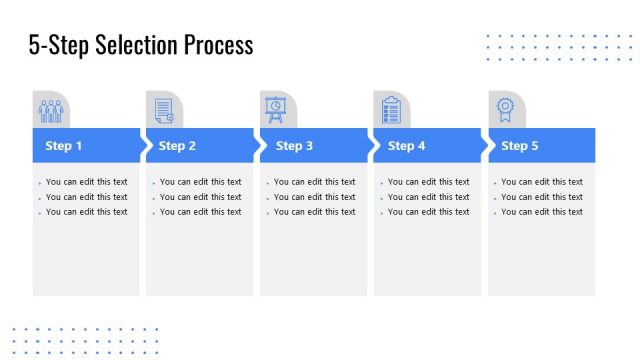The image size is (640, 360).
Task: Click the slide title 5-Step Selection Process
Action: click(141, 45)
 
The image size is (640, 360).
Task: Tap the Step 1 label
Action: click(64, 146)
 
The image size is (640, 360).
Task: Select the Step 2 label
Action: click(178, 146)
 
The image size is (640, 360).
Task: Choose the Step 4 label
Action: click(407, 146)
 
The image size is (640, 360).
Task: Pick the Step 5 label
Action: click(520, 146)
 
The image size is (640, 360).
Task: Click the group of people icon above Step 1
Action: click(51, 110)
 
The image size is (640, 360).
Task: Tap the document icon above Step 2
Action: click(164, 110)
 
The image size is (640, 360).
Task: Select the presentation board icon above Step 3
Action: click(275, 109)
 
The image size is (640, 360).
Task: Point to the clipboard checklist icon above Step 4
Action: click(391, 110)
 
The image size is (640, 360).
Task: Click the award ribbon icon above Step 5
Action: click(506, 109)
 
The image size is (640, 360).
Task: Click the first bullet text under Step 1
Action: click(87, 182)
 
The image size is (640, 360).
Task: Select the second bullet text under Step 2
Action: click(201, 197)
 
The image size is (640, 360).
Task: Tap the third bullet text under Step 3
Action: click(315, 212)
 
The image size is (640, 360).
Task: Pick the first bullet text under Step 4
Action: click(429, 182)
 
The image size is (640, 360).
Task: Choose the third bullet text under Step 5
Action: click(542, 212)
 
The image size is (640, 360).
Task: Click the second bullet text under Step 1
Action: click(87, 197)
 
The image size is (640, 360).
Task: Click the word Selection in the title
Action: click(137, 45)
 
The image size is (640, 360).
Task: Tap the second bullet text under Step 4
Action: click(429, 197)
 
